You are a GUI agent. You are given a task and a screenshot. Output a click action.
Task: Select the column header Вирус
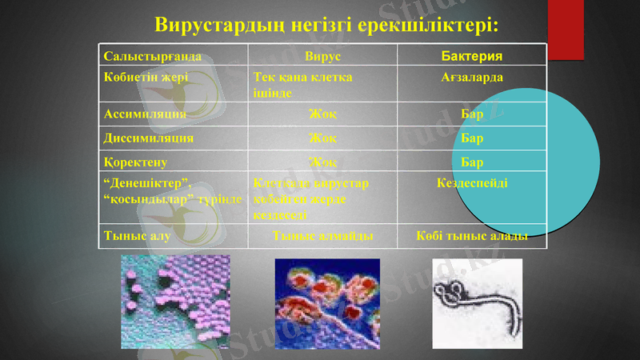(322, 57)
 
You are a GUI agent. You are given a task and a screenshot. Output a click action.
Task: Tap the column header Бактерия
(472, 57)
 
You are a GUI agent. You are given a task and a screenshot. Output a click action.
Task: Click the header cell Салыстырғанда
(152, 57)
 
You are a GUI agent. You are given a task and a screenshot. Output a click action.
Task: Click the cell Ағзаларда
(472, 78)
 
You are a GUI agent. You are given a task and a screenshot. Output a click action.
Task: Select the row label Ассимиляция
(145, 114)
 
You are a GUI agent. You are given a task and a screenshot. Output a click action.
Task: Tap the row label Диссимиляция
(148, 137)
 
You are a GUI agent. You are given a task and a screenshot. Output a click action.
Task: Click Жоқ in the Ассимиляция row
(322, 114)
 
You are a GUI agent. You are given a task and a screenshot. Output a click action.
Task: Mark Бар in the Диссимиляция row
(472, 138)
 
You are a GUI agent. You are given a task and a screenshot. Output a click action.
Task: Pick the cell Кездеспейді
(472, 183)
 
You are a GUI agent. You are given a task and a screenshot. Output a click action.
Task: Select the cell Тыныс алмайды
(322, 236)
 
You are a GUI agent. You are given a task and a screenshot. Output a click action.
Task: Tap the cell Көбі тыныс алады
(472, 236)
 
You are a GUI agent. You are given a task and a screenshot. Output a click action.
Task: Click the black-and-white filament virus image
(477, 302)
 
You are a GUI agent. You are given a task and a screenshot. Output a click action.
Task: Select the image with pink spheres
(175, 302)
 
